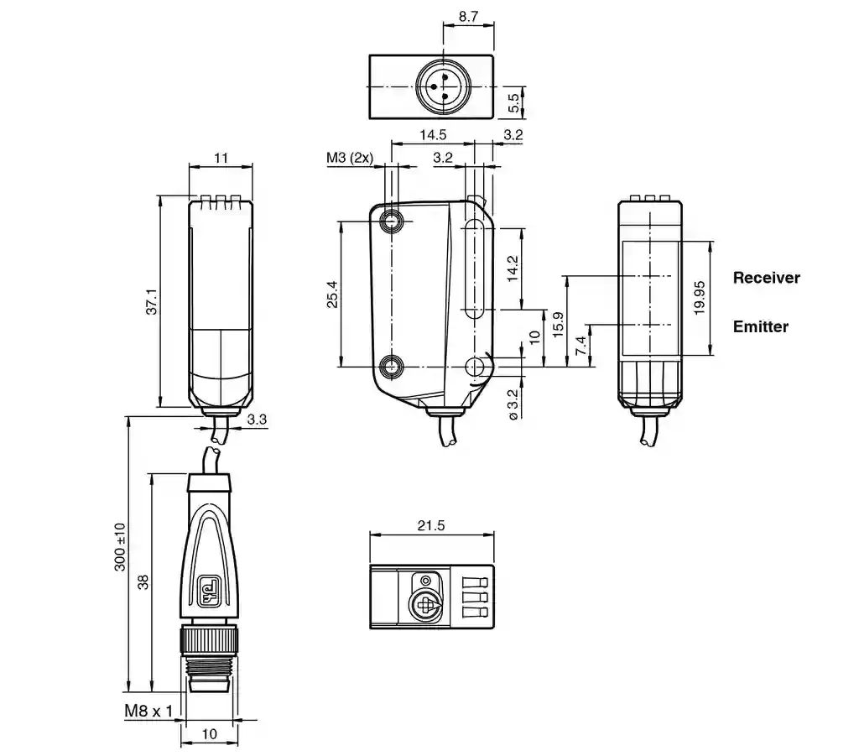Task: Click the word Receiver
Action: [766, 278]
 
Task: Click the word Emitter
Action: [760, 326]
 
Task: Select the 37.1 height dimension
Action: [152, 302]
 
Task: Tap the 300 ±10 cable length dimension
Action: [120, 547]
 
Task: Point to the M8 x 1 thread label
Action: [148, 711]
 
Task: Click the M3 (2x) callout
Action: [350, 158]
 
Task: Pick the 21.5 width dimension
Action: [431, 525]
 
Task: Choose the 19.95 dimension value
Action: [699, 298]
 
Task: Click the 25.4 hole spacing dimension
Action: [332, 295]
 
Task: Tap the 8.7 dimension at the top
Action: [468, 17]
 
